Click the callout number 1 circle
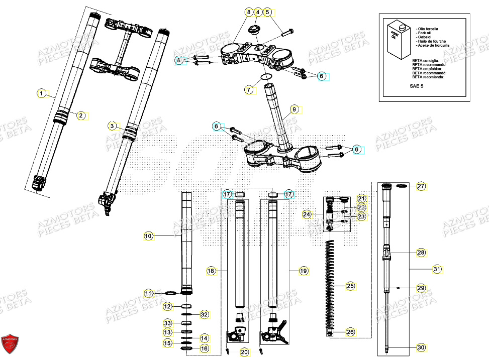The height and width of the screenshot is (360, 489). click(41, 93)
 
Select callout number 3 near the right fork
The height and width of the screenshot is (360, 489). click(113, 126)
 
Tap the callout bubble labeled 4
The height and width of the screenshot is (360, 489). click(257, 12)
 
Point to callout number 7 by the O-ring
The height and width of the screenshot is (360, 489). click(248, 90)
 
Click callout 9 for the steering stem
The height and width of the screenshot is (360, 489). click(295, 108)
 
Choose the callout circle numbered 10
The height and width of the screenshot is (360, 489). click(148, 235)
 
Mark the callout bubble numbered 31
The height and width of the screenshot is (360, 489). click(438, 270)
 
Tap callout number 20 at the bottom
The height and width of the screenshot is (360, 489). click(244, 352)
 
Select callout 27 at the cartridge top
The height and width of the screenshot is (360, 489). click(421, 186)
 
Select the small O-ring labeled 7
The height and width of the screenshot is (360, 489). click(266, 77)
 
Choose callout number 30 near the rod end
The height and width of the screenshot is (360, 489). click(421, 346)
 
